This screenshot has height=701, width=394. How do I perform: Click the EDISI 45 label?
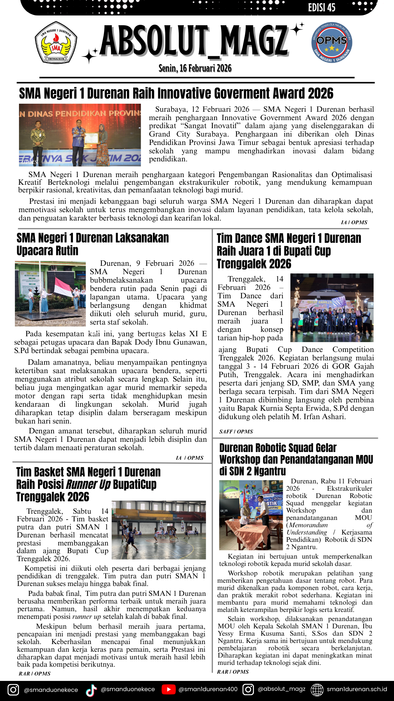[x=321, y=8]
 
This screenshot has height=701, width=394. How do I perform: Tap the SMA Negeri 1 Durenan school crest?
[x=56, y=42]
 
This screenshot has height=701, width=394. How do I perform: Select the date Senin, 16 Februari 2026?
[x=195, y=68]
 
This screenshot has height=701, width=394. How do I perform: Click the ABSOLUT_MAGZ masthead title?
[x=194, y=41]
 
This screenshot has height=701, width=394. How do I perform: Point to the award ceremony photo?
[x=80, y=135]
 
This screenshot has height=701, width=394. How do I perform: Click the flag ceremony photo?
[x=50, y=294]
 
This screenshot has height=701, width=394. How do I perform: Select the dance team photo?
[x=332, y=307]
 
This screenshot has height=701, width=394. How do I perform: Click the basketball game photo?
[x=159, y=530]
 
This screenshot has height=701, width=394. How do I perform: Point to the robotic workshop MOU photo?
[x=251, y=515]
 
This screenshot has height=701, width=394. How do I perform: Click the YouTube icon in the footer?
[x=168, y=689]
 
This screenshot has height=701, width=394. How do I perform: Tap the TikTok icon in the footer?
[x=91, y=690]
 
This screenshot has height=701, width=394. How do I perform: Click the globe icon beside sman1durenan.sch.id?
[x=317, y=689]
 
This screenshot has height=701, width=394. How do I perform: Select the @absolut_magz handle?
[x=281, y=689]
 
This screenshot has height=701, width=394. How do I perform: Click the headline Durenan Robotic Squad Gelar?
[x=278, y=448]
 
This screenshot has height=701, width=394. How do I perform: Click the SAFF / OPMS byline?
[x=236, y=432]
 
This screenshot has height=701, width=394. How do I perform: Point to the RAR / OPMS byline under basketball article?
[x=35, y=674]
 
